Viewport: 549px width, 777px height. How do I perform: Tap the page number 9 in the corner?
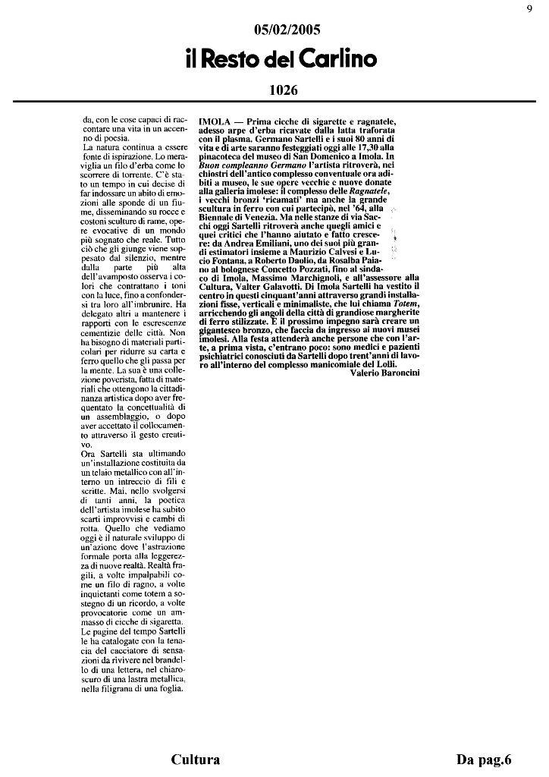[529, 9]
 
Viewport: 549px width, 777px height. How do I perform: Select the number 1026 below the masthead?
[283, 90]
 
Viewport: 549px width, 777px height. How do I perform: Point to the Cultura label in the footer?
[196, 760]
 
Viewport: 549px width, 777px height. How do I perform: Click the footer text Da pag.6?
[485, 760]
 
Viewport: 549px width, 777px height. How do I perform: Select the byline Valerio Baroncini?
[385, 373]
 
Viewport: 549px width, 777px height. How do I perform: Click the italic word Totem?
[406, 304]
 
